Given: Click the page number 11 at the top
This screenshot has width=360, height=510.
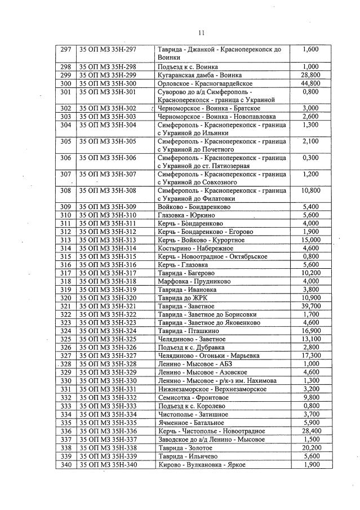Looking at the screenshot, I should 201,33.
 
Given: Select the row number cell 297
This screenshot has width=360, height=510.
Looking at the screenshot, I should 65,50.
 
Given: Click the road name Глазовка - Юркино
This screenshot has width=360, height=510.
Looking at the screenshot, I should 186,215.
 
